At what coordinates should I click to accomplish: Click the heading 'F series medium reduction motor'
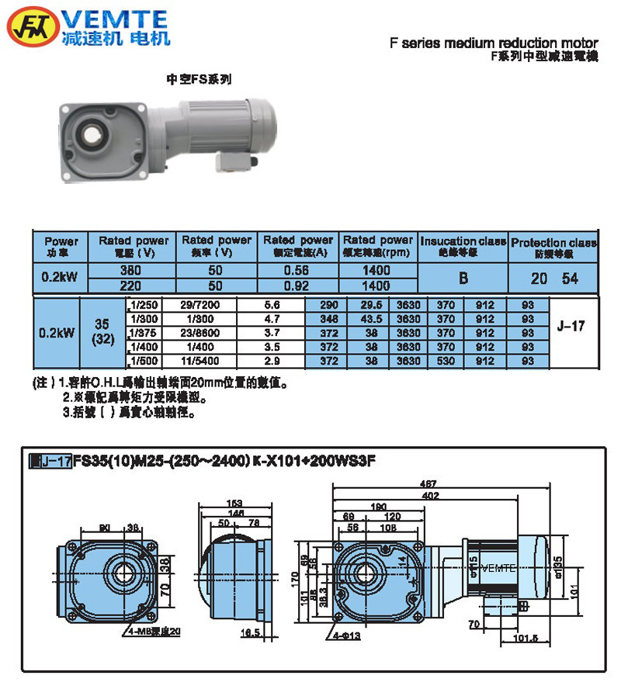click(494, 44)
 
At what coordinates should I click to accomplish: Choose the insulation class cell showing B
click(463, 278)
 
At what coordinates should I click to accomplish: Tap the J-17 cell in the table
click(571, 327)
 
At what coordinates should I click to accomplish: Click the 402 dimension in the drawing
click(425, 493)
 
